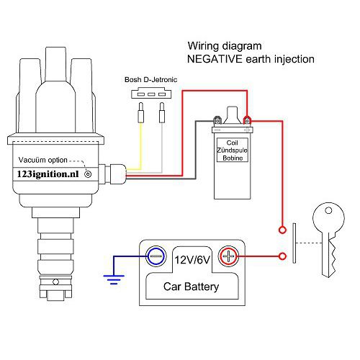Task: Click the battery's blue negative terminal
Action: click(155, 255)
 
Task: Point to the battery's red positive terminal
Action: click(228, 255)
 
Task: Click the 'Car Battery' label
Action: click(192, 287)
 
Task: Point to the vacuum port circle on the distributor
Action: click(89, 174)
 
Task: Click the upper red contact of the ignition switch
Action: click(281, 231)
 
